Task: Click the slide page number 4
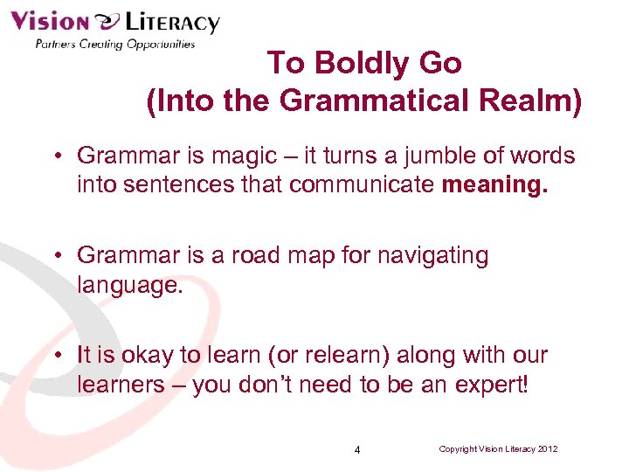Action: [357, 450]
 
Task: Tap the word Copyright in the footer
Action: [459, 449]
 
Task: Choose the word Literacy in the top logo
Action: [169, 22]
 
